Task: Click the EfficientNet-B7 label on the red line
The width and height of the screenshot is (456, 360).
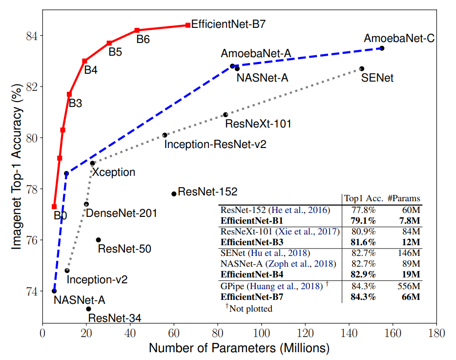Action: [228, 24]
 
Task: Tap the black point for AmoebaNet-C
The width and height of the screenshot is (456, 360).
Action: [382, 48]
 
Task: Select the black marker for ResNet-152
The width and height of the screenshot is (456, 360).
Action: [174, 194]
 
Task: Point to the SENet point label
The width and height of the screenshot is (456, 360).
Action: [377, 78]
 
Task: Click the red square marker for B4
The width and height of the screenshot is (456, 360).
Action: [84, 61]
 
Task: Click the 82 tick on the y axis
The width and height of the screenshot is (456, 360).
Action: [31, 87]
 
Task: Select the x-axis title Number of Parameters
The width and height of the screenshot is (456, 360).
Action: [239, 348]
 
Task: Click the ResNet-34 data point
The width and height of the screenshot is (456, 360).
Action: [88, 309]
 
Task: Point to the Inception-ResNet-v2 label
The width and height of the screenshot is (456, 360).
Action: [215, 145]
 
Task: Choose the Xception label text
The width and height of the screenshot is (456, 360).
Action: [113, 172]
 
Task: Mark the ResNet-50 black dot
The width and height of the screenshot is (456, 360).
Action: [98, 240]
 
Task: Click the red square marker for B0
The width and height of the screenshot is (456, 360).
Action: [54, 207]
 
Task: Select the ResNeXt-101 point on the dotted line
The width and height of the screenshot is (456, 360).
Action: [226, 115]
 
